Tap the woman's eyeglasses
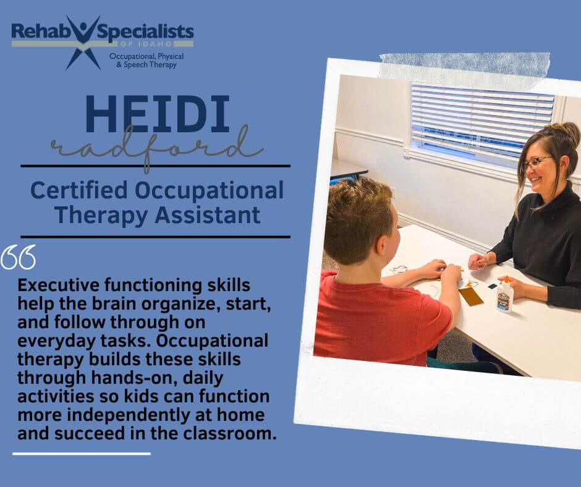click(x=535, y=163)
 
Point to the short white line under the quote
click(x=82, y=454)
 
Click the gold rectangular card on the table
click(x=471, y=296)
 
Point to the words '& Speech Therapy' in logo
click(x=146, y=65)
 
